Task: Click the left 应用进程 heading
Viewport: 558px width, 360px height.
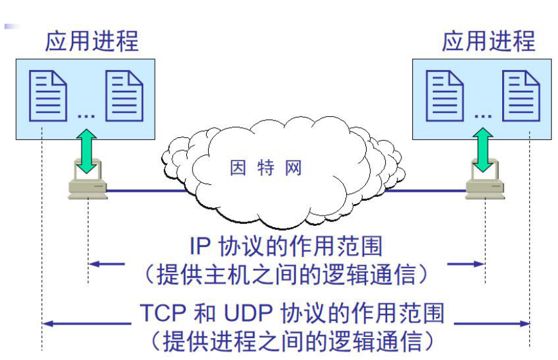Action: point(91,40)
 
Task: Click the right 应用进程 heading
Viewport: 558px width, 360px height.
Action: point(488,40)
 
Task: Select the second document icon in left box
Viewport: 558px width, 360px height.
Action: point(124,97)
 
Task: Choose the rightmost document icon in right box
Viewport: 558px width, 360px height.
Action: point(521,97)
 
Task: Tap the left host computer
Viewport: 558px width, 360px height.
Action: point(87,186)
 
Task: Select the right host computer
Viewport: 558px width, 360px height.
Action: point(484,186)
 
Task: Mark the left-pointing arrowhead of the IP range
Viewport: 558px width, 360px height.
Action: point(94,263)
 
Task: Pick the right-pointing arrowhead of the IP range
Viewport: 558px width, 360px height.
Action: point(478,263)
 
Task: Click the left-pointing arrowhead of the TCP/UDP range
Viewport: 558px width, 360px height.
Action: point(47,323)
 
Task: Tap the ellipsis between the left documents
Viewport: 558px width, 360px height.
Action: point(86,116)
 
